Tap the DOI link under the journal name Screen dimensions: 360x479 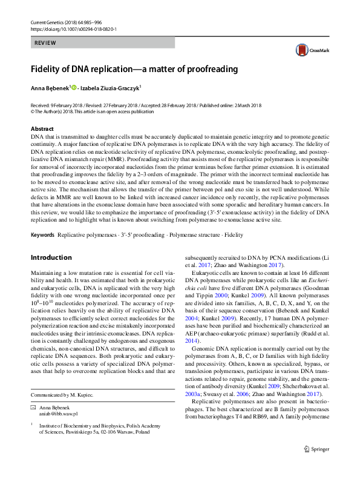click(x=73, y=28)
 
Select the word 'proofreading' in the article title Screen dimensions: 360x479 click(x=208, y=68)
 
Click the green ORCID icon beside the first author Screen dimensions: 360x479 click(x=74, y=88)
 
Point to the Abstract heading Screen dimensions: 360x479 click(x=42, y=129)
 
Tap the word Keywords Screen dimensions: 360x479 click(x=43, y=217)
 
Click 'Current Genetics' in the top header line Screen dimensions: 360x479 click(x=48, y=22)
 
